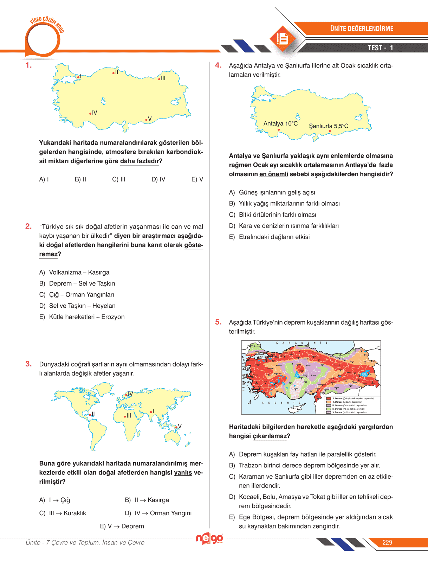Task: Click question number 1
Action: pyautogui.click(x=28, y=65)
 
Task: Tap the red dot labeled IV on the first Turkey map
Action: pyautogui.click(x=90, y=114)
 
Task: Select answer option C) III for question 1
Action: pyautogui.click(x=119, y=179)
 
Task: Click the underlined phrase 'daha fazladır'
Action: pyautogui.click(x=140, y=161)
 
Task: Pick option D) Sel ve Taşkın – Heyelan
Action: pyautogui.click(x=77, y=306)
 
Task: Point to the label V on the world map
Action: pyautogui.click(x=180, y=426)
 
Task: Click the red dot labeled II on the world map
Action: pyautogui.click(x=90, y=415)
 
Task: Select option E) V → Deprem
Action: pyautogui.click(x=122, y=526)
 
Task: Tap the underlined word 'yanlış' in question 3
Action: pyautogui.click(x=183, y=473)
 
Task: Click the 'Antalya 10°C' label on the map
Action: pyautogui.click(x=280, y=124)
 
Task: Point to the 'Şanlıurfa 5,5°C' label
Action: pyautogui.click(x=329, y=126)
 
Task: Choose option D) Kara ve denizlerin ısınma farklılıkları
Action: pyautogui.click(x=284, y=226)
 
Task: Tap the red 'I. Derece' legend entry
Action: pyautogui.click(x=329, y=398)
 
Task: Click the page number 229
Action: pyautogui.click(x=387, y=543)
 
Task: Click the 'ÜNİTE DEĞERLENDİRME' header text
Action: pyautogui.click(x=362, y=29)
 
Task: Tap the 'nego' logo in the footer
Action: pyautogui.click(x=209, y=538)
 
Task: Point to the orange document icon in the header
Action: pyautogui.click(x=282, y=38)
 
